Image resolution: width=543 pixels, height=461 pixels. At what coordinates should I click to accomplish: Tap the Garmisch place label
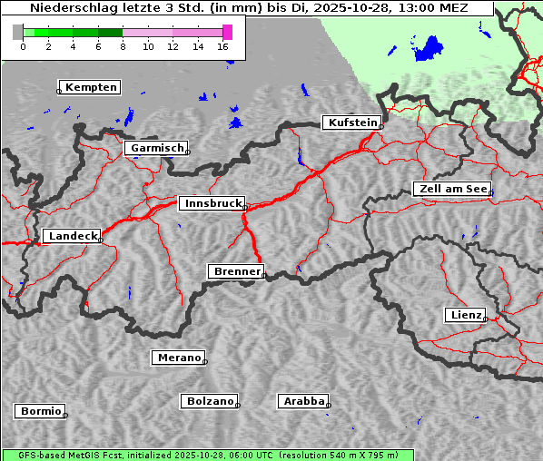pyautogui.click(x=157, y=148)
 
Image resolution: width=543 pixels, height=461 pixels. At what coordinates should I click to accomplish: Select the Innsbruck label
pyautogui.click(x=212, y=204)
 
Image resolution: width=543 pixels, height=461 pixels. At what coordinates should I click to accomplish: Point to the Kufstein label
pyautogui.click(x=350, y=123)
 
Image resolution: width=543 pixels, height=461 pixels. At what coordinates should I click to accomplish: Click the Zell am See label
pyautogui.click(x=452, y=189)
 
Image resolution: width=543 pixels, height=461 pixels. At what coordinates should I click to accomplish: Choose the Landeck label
pyautogui.click(x=72, y=236)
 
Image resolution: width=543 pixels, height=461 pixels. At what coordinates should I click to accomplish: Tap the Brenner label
pyautogui.click(x=236, y=271)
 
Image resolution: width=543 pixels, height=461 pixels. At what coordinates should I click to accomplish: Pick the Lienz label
pyautogui.click(x=465, y=315)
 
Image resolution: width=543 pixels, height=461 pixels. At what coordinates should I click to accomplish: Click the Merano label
pyautogui.click(x=178, y=358)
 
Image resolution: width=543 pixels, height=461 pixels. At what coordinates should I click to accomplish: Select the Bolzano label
pyautogui.click(x=210, y=401)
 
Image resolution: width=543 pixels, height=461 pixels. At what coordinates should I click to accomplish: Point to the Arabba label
pyautogui.click(x=303, y=401)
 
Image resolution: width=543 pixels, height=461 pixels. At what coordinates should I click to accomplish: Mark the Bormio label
pyautogui.click(x=41, y=411)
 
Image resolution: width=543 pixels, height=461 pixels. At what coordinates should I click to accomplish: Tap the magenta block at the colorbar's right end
pyautogui.click(x=227, y=32)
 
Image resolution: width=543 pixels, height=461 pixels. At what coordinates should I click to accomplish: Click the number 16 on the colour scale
pyautogui.click(x=222, y=46)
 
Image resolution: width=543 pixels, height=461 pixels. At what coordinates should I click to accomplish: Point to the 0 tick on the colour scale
pyautogui.click(x=23, y=46)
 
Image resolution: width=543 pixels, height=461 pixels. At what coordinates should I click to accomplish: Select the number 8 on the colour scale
pyautogui.click(x=123, y=46)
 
